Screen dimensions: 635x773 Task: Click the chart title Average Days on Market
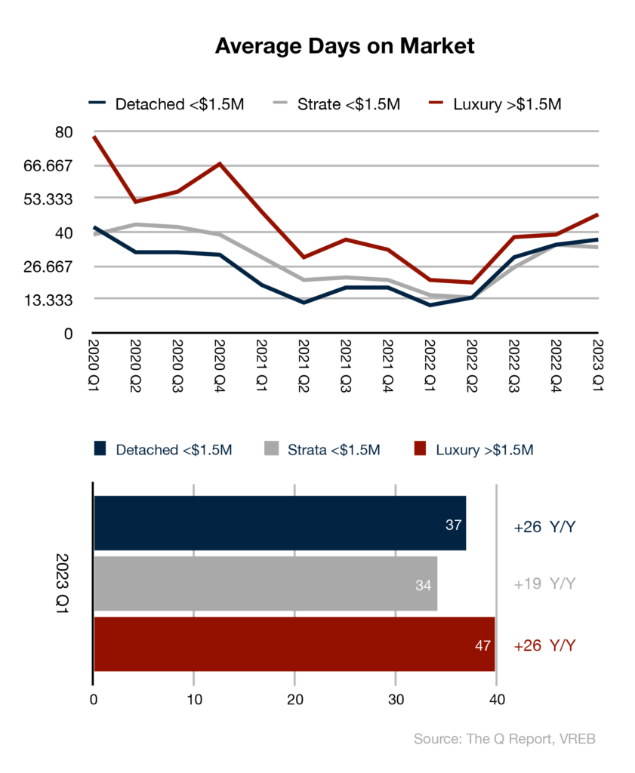coord(344,46)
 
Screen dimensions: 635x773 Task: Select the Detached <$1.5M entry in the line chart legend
coord(167,104)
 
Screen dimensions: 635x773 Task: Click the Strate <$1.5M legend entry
coord(337,104)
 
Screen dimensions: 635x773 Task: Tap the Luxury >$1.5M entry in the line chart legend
coord(495,104)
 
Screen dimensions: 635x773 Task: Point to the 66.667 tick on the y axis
coord(48,165)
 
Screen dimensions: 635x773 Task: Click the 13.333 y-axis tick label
coord(48,300)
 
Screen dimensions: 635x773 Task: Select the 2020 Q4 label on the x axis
coord(220,365)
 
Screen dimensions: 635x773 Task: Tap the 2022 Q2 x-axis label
coord(472,365)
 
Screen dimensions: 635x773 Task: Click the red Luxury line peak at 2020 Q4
coord(220,163)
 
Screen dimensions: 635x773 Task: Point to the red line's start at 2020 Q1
coord(94,136)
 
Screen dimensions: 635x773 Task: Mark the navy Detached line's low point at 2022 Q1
coord(430,305)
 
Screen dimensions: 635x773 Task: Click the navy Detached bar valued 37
coord(279,523)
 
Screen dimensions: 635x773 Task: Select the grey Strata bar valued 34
coord(265,584)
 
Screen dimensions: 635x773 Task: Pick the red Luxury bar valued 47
coord(294,644)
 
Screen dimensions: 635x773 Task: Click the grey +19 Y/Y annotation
coord(544,584)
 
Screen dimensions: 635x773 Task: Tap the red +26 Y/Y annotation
coord(544,645)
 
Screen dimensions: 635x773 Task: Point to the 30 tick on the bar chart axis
coord(396,700)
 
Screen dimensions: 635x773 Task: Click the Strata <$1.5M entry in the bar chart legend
coord(322,449)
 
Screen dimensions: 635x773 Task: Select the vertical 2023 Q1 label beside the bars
coord(62,584)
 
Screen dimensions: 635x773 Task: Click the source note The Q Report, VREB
coord(531,738)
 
